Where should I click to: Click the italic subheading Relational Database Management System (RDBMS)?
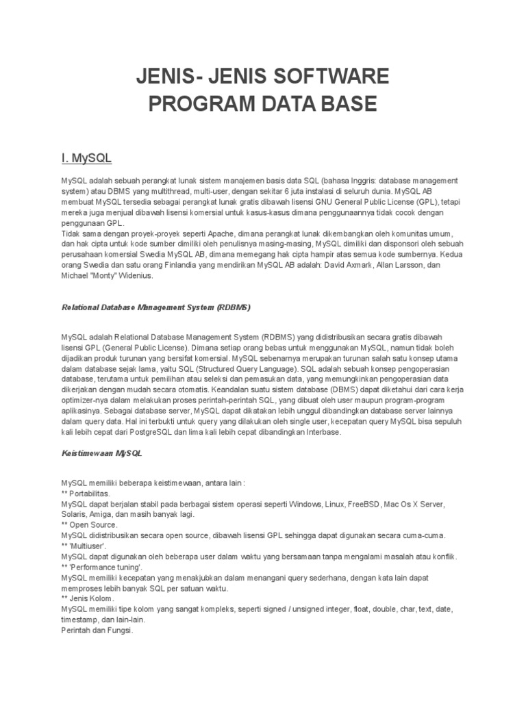[x=155, y=307]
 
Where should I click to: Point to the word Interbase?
[x=317, y=433]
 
